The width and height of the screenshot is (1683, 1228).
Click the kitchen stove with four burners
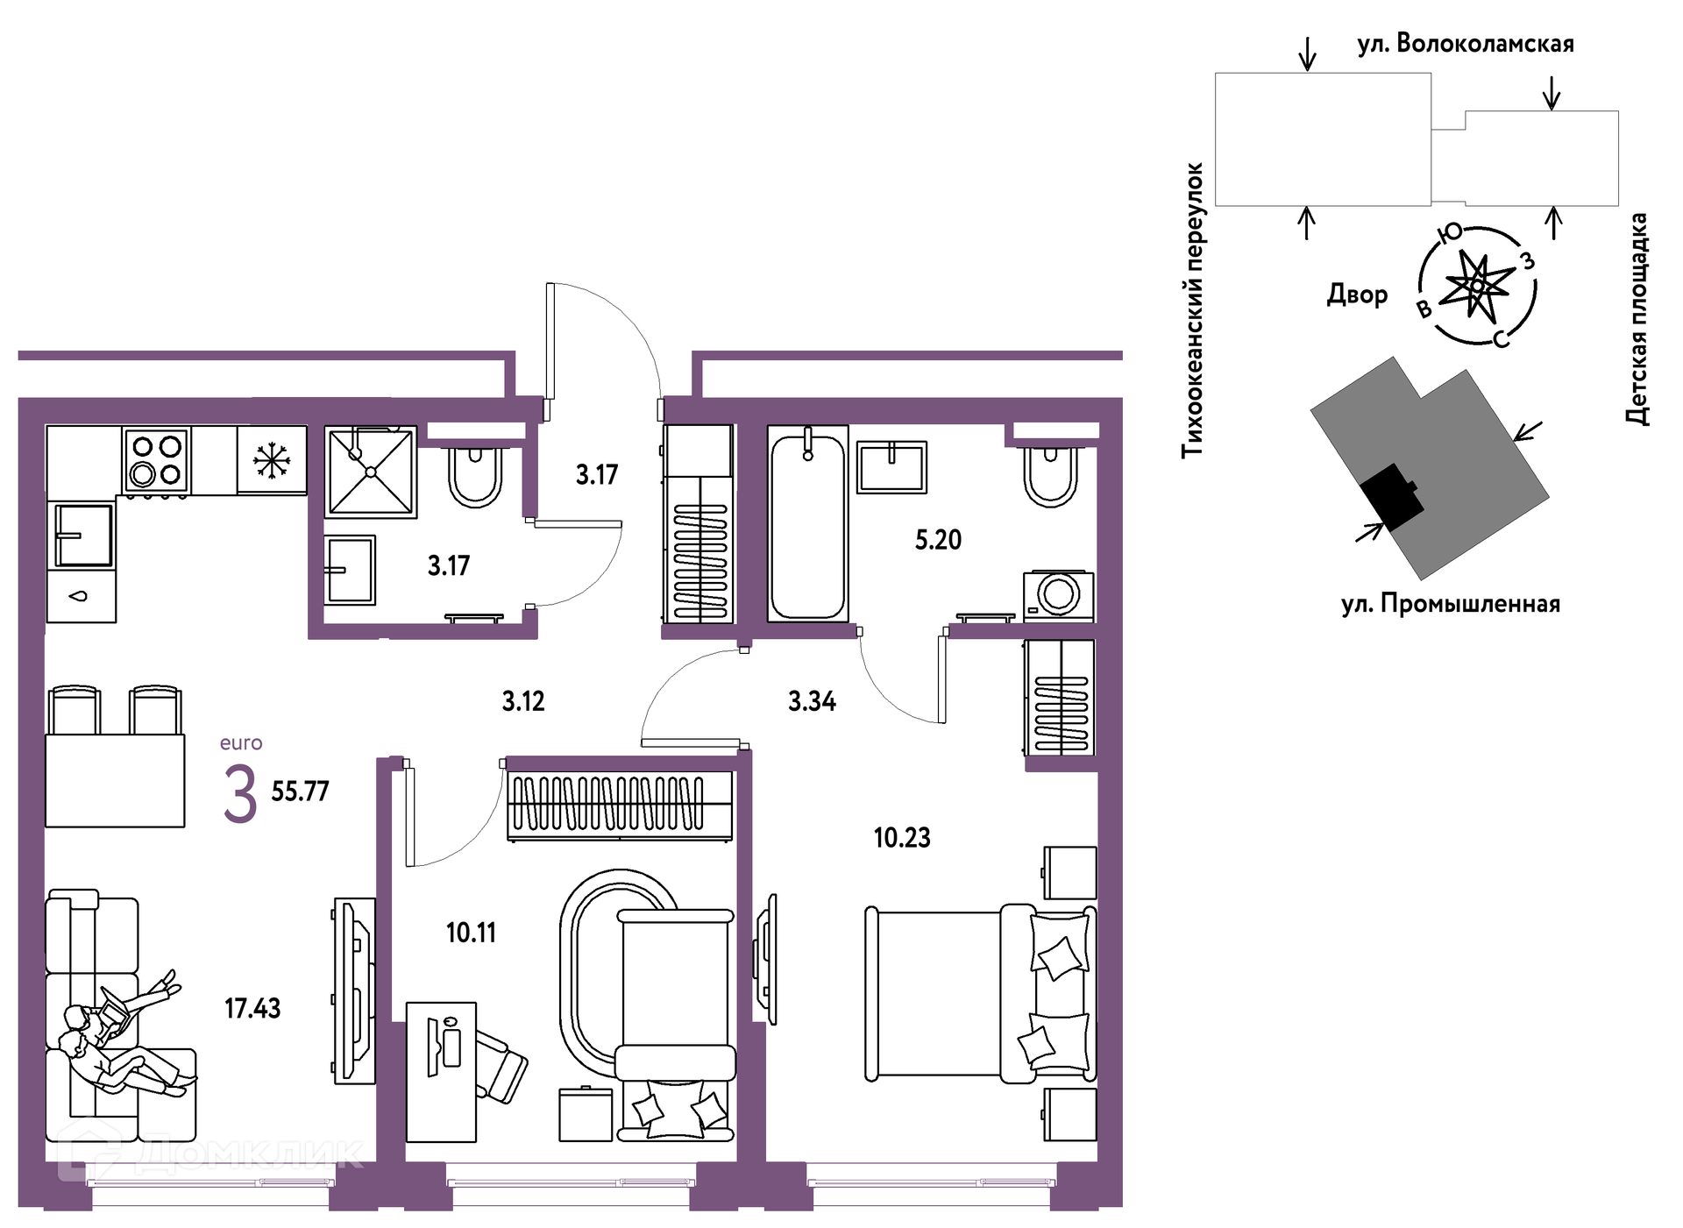coord(156,460)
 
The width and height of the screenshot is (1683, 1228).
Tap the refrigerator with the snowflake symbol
coord(272,460)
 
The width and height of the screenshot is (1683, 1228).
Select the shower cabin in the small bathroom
coord(371,472)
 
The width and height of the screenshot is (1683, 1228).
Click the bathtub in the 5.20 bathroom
coord(807,524)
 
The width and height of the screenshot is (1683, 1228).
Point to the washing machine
coord(1058,595)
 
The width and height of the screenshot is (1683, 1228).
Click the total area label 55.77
coord(300,791)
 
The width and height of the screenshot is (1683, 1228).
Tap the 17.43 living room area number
coord(252,1008)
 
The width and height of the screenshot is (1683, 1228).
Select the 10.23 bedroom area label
coord(902,838)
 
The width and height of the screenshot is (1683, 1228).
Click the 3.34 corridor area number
coord(812,701)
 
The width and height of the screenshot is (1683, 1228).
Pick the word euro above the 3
coord(241,743)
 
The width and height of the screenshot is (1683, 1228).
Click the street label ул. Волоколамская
coord(1466,44)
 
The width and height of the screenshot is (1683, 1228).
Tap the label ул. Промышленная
coord(1451,604)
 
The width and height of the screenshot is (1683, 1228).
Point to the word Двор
coord(1357,295)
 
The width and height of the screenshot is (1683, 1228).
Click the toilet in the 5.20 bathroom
coord(1051,478)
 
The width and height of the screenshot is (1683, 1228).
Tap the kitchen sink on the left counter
coord(84,536)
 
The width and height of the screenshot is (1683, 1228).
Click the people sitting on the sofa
coord(123,1034)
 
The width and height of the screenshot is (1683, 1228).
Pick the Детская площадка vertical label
coord(1637,319)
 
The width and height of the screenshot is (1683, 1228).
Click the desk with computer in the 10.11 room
coord(441,1072)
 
